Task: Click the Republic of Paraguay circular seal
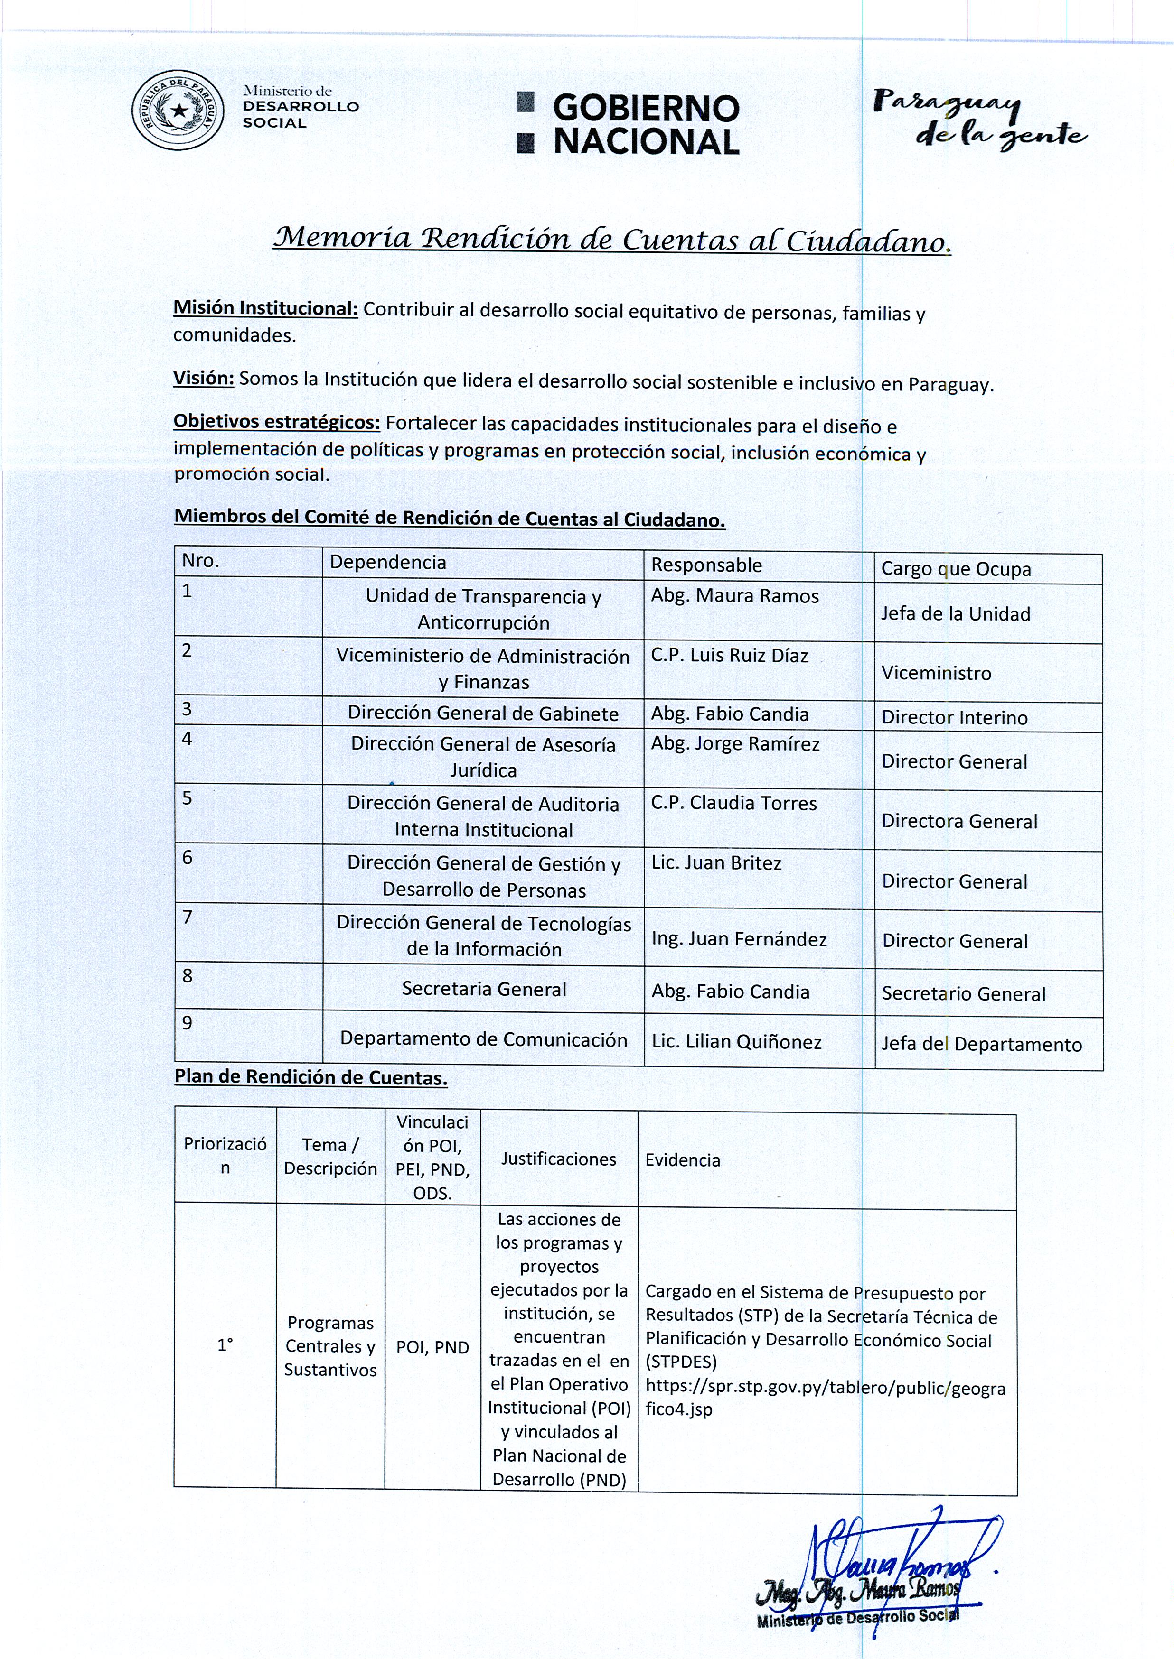178,110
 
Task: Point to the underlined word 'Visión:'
203,379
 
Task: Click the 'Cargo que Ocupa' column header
956,569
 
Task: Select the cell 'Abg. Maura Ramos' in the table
734,596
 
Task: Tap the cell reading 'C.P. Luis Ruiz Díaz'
729,655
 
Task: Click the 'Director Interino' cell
954,717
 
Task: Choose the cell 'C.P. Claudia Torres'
734,803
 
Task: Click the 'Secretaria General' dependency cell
484,989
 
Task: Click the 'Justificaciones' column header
558,1159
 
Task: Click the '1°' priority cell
225,1344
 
